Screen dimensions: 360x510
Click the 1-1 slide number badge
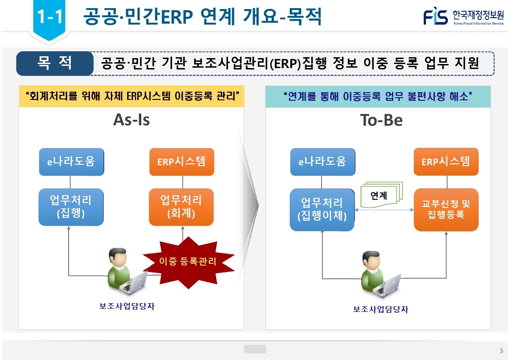click(50, 17)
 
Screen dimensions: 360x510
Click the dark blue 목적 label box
click(54, 63)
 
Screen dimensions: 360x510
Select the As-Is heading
click(131, 120)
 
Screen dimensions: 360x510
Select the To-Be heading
click(381, 120)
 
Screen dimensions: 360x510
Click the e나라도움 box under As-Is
click(71, 162)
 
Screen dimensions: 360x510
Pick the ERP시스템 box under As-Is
click(181, 162)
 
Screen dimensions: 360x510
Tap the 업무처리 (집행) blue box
click(71, 207)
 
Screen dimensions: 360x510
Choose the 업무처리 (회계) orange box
click(181, 207)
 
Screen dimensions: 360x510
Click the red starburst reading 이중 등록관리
click(188, 261)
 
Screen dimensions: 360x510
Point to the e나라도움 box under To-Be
click(322, 162)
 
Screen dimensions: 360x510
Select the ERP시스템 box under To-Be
click(446, 162)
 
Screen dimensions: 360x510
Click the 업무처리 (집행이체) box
click(322, 210)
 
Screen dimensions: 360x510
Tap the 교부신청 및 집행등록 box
click(446, 210)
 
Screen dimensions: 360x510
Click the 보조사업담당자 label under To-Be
click(381, 310)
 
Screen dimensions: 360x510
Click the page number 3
click(501, 350)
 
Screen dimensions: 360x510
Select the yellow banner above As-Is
click(132, 96)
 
